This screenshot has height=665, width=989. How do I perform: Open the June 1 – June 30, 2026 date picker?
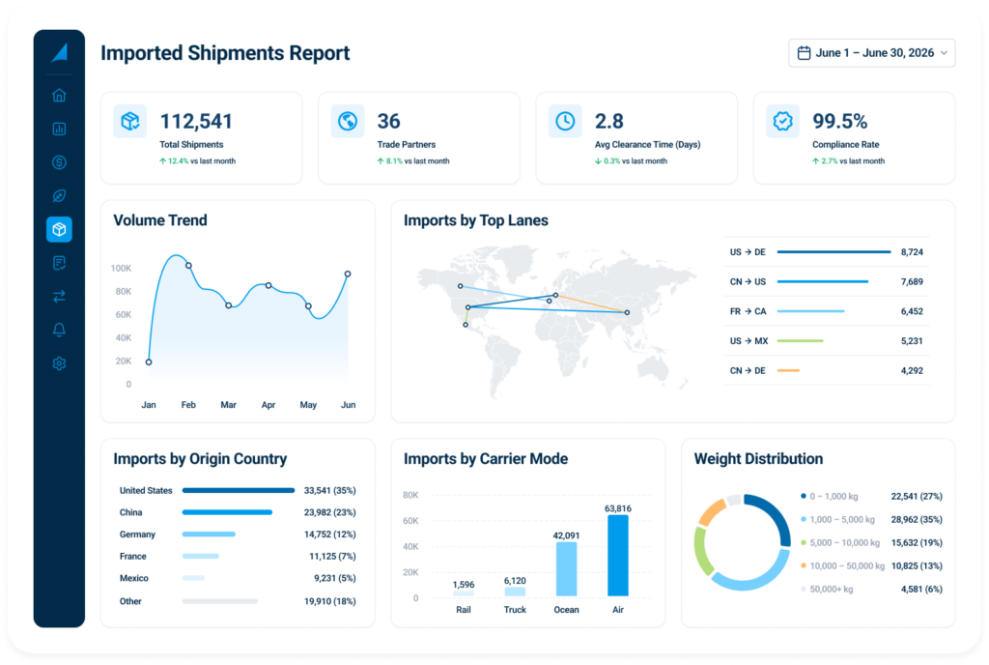coord(871,53)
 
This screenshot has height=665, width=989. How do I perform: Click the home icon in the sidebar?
coord(59,96)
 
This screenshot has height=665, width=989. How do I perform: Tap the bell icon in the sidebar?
coord(59,330)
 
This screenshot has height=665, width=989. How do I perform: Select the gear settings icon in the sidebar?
coord(59,363)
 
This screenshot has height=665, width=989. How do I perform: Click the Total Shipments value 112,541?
coord(196,121)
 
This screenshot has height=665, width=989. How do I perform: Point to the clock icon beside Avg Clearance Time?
coord(565,121)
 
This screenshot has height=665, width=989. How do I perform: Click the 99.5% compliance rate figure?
coord(839,121)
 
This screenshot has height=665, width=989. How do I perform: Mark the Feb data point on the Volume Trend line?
coord(188,266)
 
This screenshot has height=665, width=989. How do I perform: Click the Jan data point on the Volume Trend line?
coord(149,362)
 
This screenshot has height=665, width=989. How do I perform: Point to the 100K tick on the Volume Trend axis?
coord(121,268)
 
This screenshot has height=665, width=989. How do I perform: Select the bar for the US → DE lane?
coord(834,251)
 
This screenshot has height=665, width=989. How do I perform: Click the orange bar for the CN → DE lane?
coord(788,370)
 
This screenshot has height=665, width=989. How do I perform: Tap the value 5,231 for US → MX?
coord(912,340)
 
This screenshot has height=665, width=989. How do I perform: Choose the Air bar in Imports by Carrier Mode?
coord(618,555)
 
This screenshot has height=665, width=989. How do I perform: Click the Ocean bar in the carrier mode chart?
coord(566,569)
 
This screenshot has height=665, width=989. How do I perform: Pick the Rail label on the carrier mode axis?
coord(464,610)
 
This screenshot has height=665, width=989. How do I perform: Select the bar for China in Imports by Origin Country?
coord(227,512)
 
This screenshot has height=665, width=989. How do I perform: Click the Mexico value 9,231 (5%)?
coord(335,578)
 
